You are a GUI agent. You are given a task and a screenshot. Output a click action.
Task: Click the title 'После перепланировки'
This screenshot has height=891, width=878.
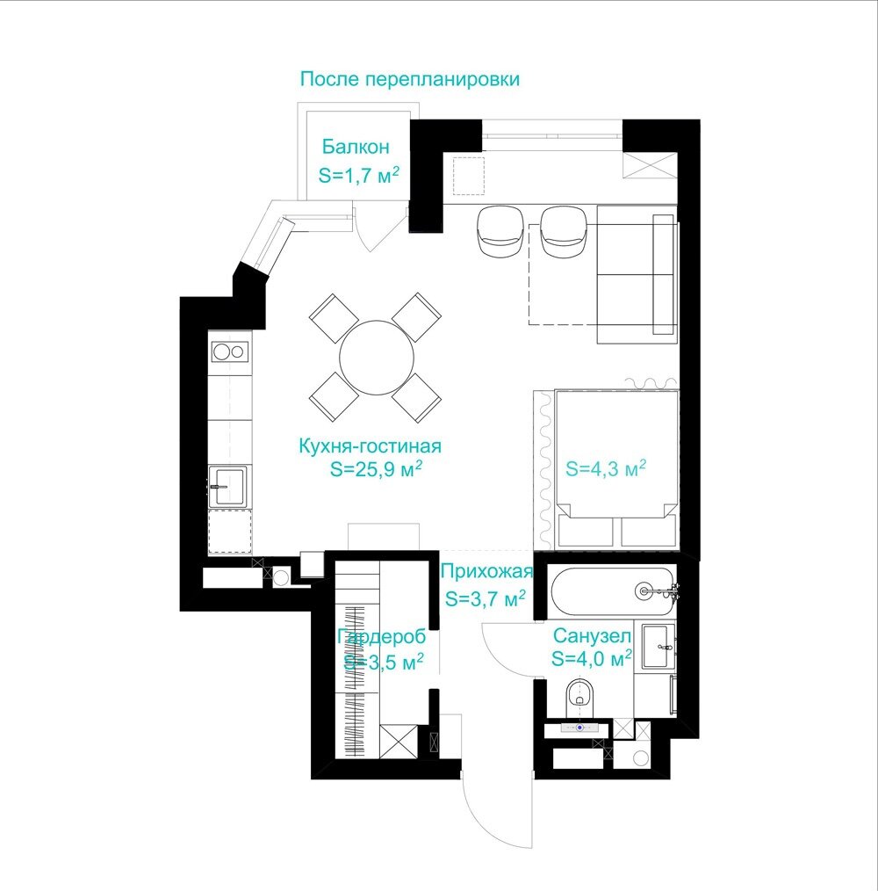click(409, 79)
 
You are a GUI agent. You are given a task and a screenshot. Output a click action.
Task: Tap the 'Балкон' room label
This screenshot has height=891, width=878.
click(356, 147)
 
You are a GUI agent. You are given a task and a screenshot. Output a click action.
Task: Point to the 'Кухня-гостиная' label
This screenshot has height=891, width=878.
click(370, 446)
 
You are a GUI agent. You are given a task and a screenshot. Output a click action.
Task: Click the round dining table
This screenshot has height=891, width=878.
click(377, 358)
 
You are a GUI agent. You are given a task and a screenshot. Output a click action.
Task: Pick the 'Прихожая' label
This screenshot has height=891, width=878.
click(486, 571)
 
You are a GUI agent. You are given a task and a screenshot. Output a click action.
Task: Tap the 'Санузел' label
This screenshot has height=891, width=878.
click(592, 635)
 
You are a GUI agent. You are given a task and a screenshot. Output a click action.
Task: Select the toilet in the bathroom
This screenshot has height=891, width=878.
click(579, 698)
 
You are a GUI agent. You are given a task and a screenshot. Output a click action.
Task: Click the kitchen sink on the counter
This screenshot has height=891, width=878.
click(227, 487)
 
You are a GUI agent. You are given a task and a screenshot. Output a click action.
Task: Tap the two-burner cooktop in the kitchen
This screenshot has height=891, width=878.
click(229, 351)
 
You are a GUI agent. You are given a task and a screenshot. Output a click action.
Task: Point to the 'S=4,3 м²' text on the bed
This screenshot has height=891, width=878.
click(606, 469)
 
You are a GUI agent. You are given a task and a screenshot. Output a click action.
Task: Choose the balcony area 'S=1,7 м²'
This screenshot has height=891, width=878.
click(358, 175)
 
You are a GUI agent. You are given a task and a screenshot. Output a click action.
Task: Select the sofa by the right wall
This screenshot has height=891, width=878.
click(637, 274)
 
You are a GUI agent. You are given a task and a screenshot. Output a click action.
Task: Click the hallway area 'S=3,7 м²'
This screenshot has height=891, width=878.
click(485, 598)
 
